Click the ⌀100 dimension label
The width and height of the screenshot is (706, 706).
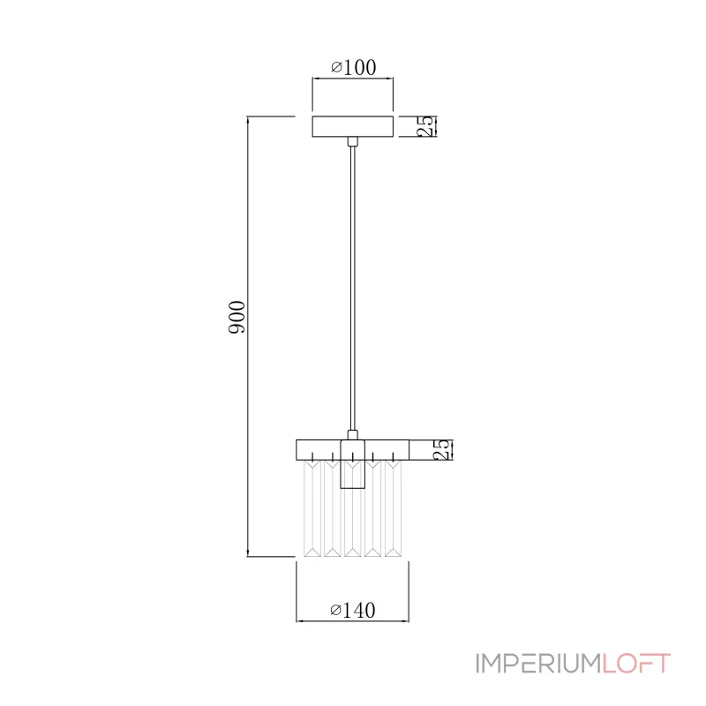point(354,68)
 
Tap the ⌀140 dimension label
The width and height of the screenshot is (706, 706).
point(352,610)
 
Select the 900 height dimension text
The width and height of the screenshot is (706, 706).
point(237,317)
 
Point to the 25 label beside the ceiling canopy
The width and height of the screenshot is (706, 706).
point(426,126)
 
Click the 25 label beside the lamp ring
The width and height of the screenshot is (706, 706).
point(442,449)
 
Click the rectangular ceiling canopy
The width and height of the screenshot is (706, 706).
point(352,126)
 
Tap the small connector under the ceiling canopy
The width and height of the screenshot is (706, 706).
point(352,141)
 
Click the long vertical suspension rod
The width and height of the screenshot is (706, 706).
point(352,289)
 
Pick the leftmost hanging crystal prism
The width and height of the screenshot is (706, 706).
point(312,508)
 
